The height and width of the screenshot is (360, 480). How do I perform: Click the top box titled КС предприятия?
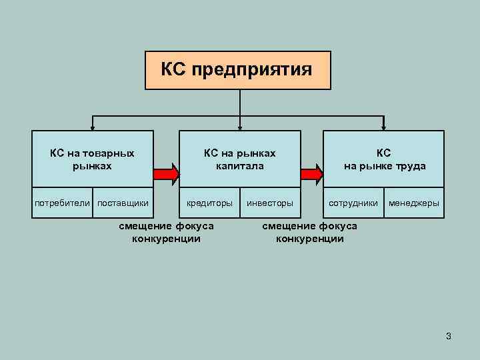238,70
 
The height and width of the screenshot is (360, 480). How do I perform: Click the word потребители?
63,203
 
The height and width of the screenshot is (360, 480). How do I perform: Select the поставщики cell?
123,203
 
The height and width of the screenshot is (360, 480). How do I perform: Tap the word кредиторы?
209,203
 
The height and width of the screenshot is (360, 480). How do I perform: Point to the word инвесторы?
269,203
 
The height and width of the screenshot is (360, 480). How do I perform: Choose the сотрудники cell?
353,203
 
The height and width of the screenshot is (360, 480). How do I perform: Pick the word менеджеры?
414,203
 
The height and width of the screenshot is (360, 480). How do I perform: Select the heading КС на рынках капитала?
239,159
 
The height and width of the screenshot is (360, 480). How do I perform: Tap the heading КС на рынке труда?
384,159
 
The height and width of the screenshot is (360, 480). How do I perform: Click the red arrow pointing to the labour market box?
311,175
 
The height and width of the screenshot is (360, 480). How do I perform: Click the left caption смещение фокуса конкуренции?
167,232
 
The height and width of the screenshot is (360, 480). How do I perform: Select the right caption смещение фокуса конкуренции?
309,232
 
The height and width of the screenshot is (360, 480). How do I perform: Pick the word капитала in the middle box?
239,165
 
